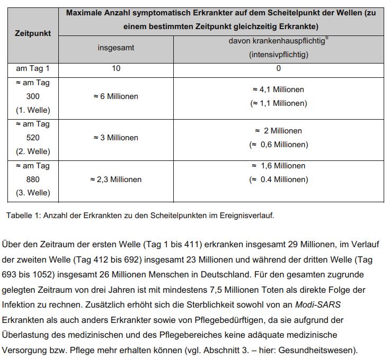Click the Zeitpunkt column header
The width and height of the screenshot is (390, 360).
pos(33,33)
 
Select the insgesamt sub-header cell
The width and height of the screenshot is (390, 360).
pos(116,48)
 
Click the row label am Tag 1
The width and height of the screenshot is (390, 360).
pos(33,68)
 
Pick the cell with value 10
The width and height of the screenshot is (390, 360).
pos(116,68)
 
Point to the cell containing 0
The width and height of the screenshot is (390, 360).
pos(278,68)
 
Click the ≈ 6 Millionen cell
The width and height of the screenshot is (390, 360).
pos(116,96)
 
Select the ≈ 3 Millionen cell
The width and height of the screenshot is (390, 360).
pos(116,138)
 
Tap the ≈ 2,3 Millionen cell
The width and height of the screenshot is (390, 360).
pos(116,179)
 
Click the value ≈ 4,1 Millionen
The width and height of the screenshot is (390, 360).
pos(278,89)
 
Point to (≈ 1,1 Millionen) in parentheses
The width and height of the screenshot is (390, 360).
pos(278,103)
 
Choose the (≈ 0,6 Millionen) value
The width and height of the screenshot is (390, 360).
pos(278,145)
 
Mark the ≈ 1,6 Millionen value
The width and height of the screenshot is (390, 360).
pos(278,166)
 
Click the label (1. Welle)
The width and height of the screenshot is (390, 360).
pos(33,110)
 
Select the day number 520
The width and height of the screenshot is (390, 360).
pos(33,138)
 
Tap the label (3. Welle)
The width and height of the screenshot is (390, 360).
pos(33,193)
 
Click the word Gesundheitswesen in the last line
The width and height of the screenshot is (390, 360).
pos(325,350)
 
